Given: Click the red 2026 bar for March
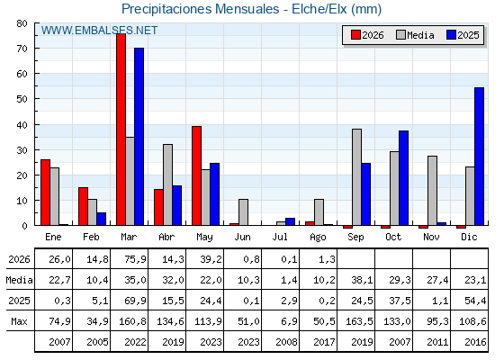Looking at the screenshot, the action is pos(121,130).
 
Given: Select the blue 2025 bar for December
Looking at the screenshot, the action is pos(479,157).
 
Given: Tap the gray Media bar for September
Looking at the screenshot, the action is pos(356,177).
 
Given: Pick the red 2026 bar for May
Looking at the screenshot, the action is pos(197,175).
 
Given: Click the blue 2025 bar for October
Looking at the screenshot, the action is pos(404,178).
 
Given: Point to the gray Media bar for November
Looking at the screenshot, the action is pos(432,191).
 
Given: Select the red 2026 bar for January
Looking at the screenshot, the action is pos(45,193).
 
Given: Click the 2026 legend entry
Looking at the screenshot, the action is pos(367,35).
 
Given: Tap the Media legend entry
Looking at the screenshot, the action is pos(415,35).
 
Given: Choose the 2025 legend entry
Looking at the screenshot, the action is pos(463,35).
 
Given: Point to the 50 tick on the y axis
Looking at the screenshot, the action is pos(22,99).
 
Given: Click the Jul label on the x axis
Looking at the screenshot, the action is pos(280,238).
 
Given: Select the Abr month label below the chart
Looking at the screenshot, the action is pos(166,238).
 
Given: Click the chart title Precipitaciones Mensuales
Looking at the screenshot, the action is pos(200,9).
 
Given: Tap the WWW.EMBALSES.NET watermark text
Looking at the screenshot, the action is pos(99,31).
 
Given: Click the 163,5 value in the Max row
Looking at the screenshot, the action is pos(359,321).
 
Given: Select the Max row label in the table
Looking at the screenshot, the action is pos(19,321).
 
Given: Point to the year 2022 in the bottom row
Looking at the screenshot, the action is pos(135,342).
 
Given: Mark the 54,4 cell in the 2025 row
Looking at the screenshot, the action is pos(475,301).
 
